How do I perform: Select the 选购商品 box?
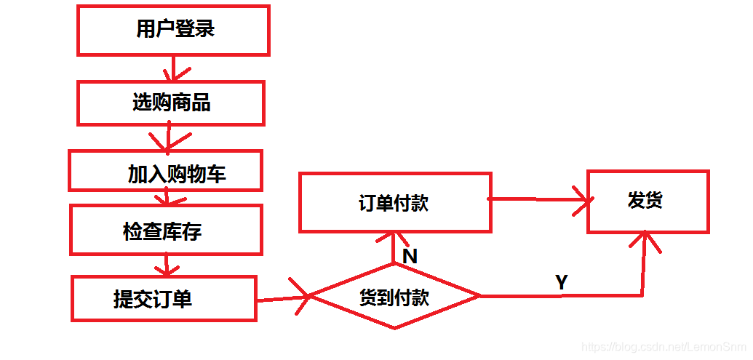click(171, 103)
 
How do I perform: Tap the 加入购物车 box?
click(165, 171)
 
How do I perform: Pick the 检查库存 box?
click(165, 229)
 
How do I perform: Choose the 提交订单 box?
click(164, 298)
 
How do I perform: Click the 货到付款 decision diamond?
click(395, 297)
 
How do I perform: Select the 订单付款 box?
click(395, 202)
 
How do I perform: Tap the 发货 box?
click(647, 201)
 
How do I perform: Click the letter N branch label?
click(409, 256)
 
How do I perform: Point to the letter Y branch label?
click(561, 282)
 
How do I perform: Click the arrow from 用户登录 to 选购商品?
click(172, 68)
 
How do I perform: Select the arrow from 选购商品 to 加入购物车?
click(168, 137)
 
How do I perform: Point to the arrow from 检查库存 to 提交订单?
click(167, 264)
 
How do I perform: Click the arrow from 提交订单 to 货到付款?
click(284, 297)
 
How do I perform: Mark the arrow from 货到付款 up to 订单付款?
click(394, 247)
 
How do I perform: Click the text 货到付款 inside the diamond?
click(395, 297)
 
